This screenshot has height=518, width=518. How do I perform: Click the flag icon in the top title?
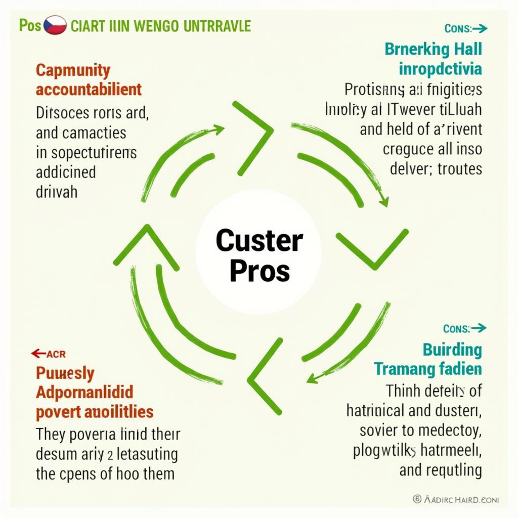click(55, 26)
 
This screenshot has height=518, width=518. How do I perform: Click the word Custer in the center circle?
click(259, 241)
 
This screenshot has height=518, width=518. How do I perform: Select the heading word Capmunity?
click(73, 70)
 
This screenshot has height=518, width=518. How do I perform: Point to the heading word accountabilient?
click(89, 90)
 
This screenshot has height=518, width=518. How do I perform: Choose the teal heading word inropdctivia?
click(440, 68)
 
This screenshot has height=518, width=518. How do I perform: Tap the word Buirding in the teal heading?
click(452, 350)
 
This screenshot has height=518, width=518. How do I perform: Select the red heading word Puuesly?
click(65, 373)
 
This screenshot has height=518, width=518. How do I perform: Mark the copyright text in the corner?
click(456, 499)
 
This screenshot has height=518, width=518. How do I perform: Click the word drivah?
click(57, 192)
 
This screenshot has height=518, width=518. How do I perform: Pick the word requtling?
click(453, 470)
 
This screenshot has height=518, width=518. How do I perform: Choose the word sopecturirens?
click(94, 153)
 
